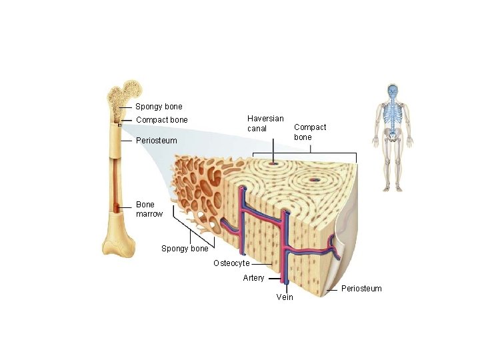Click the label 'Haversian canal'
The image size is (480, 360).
tap(265, 123)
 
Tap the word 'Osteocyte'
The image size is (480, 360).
tap(231, 263)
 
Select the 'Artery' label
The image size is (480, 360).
tap(253, 278)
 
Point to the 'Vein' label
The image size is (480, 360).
tap(284, 297)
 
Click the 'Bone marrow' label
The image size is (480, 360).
tap(149, 209)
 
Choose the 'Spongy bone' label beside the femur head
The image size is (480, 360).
tap(159, 107)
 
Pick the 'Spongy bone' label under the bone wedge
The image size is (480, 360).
tap(185, 249)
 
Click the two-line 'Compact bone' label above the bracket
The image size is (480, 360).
tap(310, 131)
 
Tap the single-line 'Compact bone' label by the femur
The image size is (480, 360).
tap(161, 120)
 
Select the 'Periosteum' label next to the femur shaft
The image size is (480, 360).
tap(156, 141)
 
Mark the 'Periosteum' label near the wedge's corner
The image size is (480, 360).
tap(361, 289)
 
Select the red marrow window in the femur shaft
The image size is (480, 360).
tap(117, 208)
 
